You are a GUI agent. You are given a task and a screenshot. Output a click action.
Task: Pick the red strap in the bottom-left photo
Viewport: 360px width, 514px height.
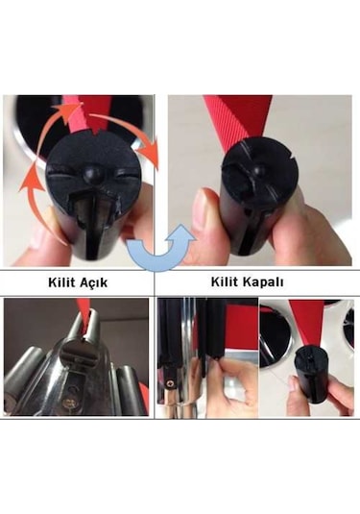[x=84, y=314]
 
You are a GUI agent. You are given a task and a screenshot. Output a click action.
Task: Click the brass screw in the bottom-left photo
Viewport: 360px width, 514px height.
[x=69, y=402]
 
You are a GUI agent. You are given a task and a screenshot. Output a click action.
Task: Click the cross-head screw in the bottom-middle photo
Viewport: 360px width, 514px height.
[x=169, y=384]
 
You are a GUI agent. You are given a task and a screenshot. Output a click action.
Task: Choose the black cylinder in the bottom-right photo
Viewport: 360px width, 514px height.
[x=312, y=375]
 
